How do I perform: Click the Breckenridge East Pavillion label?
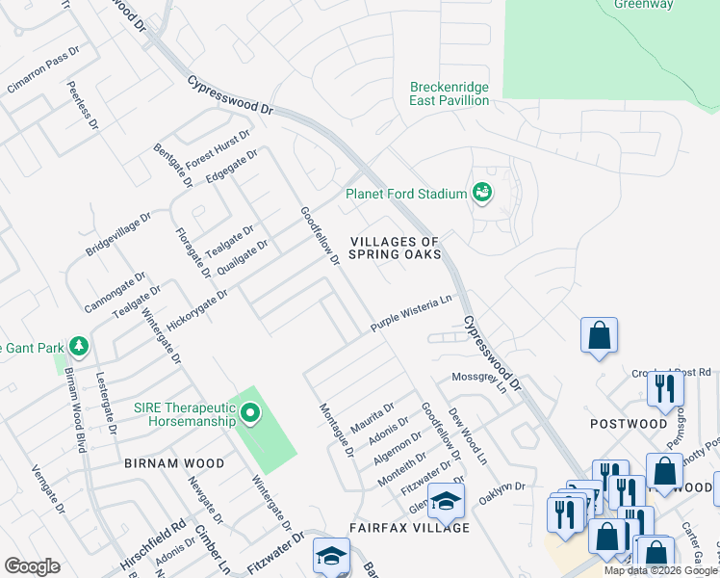(x=449, y=93)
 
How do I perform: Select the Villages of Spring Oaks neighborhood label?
(x=395, y=248)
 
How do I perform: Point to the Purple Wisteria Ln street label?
(x=411, y=314)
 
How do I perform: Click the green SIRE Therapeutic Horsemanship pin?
(x=250, y=414)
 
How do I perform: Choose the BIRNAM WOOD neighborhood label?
(x=174, y=463)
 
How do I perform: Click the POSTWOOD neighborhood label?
(x=629, y=424)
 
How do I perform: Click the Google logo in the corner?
(x=32, y=566)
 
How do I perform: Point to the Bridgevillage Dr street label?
(x=118, y=236)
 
